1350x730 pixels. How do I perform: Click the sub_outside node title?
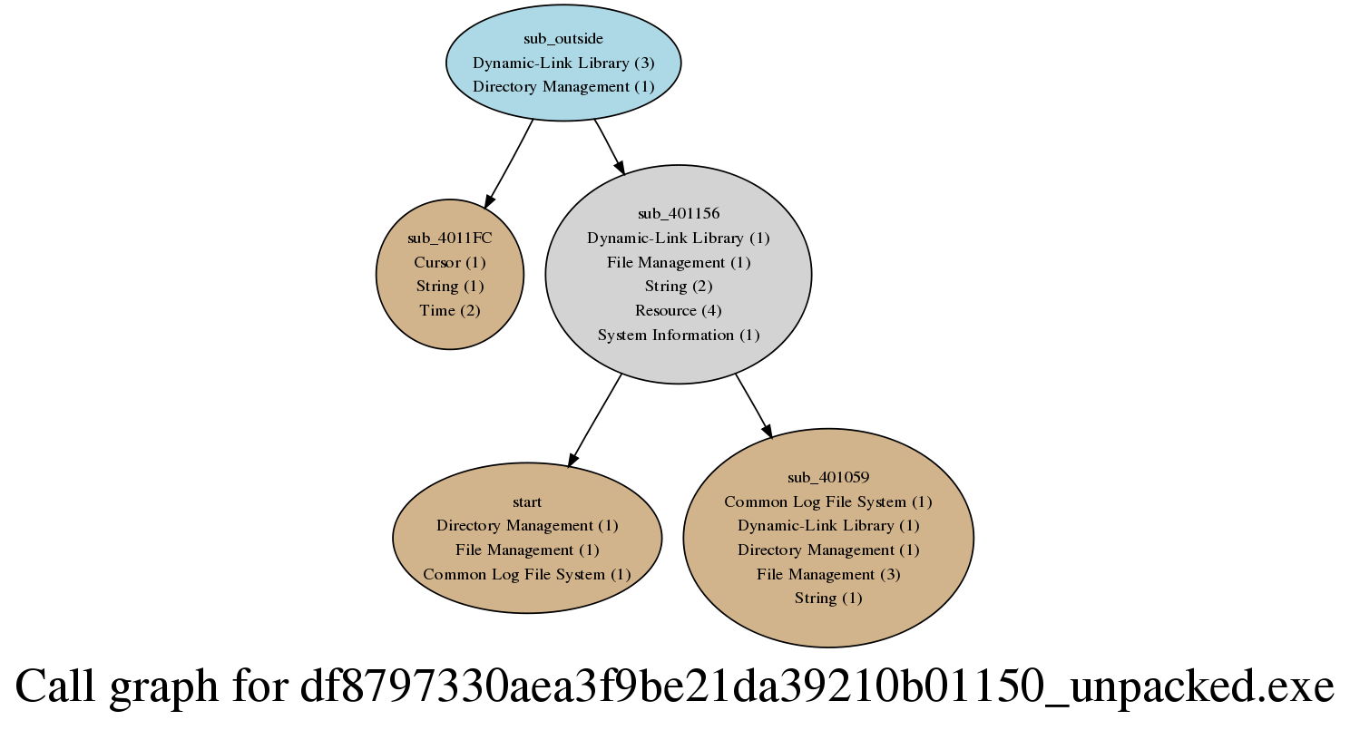[x=562, y=39]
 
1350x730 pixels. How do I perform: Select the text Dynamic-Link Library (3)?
[x=562, y=63]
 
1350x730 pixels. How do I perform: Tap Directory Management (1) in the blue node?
[x=562, y=87]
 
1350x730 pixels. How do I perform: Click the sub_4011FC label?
[x=450, y=238]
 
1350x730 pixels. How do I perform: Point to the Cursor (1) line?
[x=450, y=262]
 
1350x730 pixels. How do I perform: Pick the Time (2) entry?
[x=450, y=310]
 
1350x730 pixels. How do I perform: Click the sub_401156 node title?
[x=679, y=213]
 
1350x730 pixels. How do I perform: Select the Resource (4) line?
[x=679, y=310]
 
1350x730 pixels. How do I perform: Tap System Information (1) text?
[x=679, y=335]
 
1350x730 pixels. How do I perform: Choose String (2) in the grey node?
[x=679, y=286]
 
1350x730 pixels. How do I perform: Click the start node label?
[x=527, y=501]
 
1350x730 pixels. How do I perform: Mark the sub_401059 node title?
[x=828, y=478]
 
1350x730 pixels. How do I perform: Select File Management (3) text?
[x=828, y=574]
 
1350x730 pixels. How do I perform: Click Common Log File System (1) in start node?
[x=527, y=574]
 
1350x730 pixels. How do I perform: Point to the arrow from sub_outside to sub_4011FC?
[x=509, y=164]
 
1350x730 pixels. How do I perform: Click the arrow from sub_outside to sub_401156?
[x=610, y=147]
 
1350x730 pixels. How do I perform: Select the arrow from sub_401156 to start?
[x=594, y=421]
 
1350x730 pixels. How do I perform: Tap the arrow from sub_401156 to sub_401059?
[x=753, y=406]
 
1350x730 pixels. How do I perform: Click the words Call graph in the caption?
[x=116, y=686]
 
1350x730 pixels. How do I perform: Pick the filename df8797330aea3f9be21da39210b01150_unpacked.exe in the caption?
[x=817, y=686]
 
